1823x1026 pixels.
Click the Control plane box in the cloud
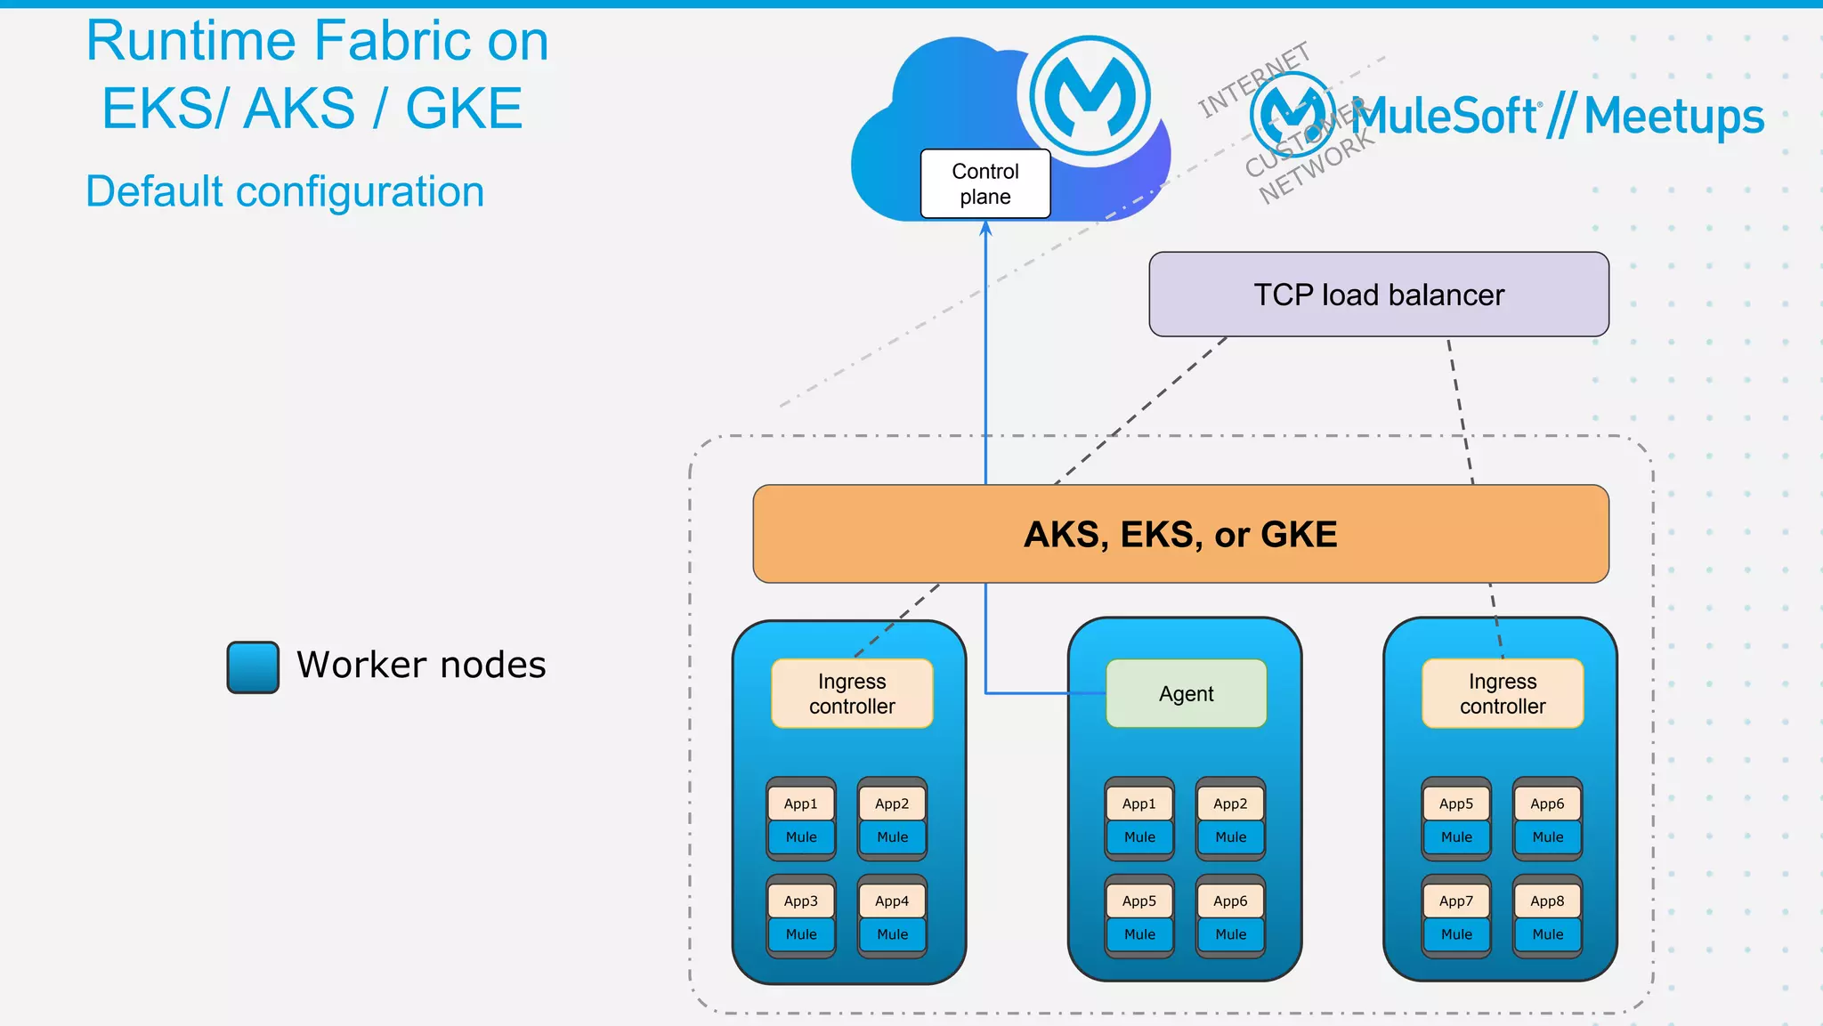[984, 184]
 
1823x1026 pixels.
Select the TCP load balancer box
[1378, 295]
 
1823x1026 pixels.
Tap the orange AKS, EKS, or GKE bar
[1180, 534]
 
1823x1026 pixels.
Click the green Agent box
[1186, 694]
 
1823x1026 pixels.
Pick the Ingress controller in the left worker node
[852, 694]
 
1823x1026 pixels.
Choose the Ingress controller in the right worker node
[1503, 694]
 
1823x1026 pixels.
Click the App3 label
[800, 901]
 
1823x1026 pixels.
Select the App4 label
[892, 901]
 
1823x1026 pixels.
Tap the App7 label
[1456, 901]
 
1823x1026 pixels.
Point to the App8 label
[1547, 901]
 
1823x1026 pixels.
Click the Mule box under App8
[1547, 934]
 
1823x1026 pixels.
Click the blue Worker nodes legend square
[253, 666]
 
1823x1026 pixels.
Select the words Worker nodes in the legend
[421, 666]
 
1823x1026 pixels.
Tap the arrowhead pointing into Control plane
[985, 228]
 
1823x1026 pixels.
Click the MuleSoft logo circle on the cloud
[1090, 95]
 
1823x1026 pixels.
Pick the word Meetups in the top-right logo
[1673, 117]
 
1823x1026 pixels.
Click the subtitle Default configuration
[285, 191]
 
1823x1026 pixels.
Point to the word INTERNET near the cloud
[1253, 80]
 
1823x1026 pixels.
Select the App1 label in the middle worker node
[1138, 804]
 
